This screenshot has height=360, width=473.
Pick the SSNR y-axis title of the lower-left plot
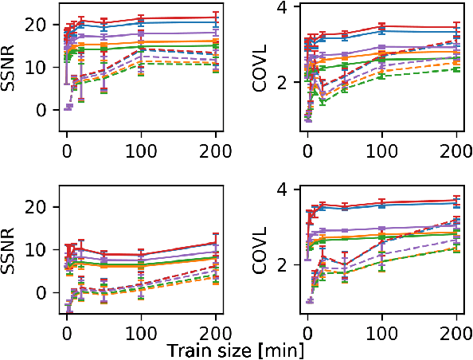[x=12, y=253]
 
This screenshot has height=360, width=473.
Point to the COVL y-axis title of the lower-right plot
[x=260, y=253]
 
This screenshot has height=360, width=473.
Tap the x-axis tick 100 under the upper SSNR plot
[x=141, y=150]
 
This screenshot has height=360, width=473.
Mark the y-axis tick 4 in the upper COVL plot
[x=288, y=7]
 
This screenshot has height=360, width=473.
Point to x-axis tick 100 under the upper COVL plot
[x=382, y=150]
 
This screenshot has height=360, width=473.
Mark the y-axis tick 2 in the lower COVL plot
[x=288, y=264]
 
